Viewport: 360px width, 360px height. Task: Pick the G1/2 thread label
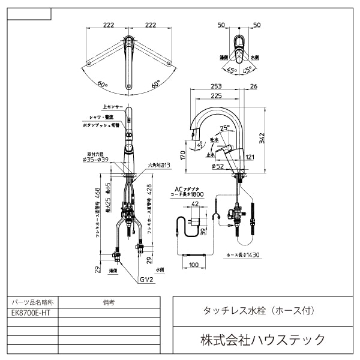[x=146, y=280]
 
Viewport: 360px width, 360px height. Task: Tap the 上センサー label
[x=113, y=106]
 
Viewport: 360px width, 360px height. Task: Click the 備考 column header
[x=109, y=303]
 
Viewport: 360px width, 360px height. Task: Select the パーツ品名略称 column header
[x=33, y=303]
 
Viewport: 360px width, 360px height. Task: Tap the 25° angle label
[x=225, y=128]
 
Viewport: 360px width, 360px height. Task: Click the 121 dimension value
[x=250, y=158]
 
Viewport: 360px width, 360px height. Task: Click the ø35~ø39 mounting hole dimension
[x=95, y=160]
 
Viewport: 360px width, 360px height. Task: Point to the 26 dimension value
[x=253, y=86]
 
